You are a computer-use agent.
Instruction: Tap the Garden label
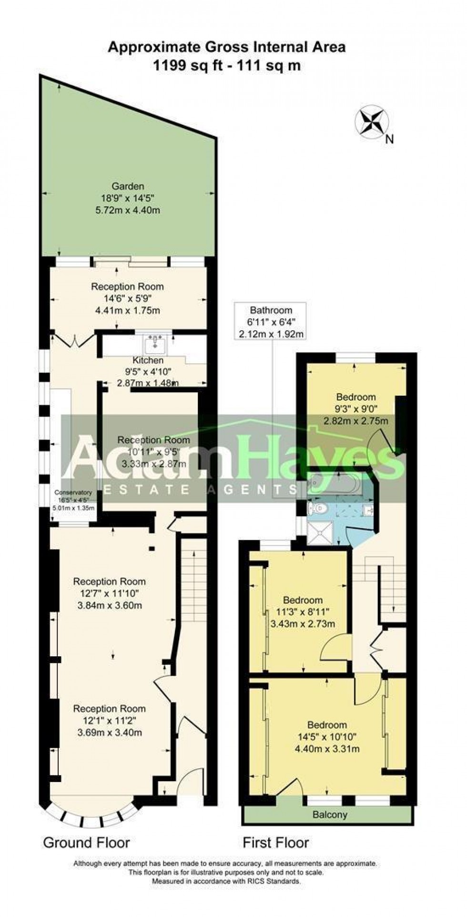coord(128,186)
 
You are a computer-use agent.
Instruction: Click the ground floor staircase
coord(193,579)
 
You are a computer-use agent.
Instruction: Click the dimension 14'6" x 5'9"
coord(127,299)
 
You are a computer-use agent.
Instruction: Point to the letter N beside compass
coord(389,140)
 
